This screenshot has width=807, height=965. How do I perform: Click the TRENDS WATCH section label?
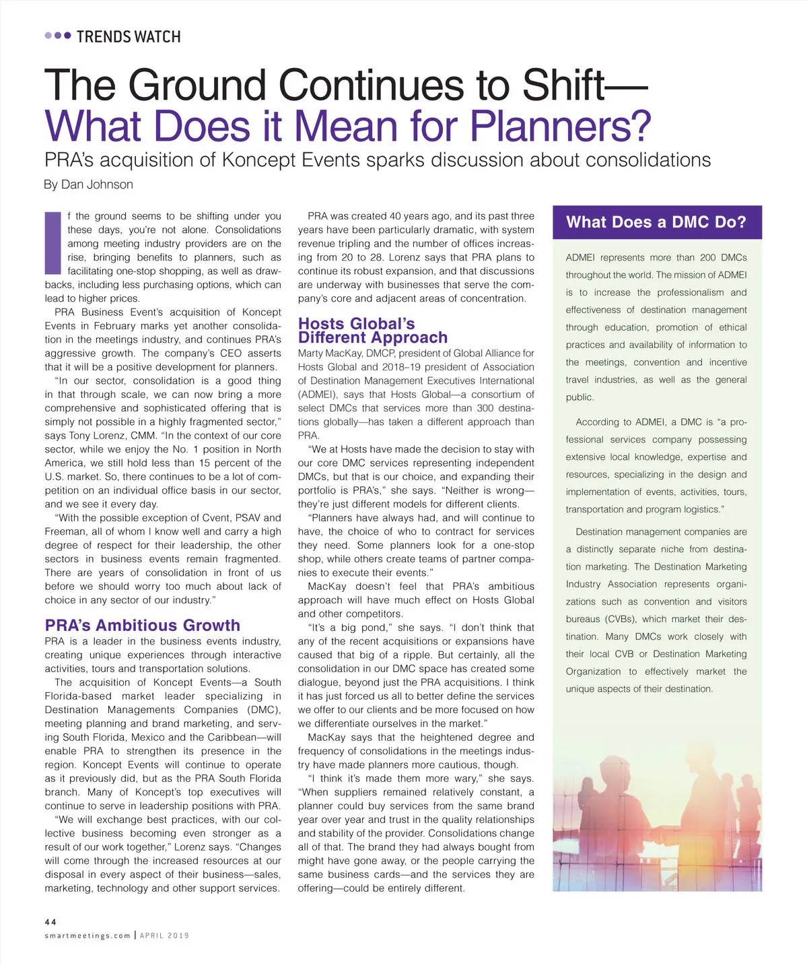(128, 36)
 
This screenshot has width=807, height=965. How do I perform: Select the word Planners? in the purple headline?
(560, 126)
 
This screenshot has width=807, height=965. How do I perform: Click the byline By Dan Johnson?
(88, 185)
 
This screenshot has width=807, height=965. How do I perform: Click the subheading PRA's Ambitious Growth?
(142, 626)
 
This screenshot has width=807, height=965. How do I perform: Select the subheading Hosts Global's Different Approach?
(372, 331)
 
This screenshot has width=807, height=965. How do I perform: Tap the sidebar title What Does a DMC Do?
(656, 222)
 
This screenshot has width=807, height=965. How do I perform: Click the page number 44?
(50, 922)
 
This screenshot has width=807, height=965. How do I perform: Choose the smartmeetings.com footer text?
(87, 935)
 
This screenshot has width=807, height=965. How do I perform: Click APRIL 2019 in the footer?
(164, 935)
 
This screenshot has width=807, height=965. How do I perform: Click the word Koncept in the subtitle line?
(258, 160)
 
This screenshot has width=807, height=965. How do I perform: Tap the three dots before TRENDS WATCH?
(58, 36)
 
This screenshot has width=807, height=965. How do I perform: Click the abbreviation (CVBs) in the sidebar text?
(618, 619)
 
